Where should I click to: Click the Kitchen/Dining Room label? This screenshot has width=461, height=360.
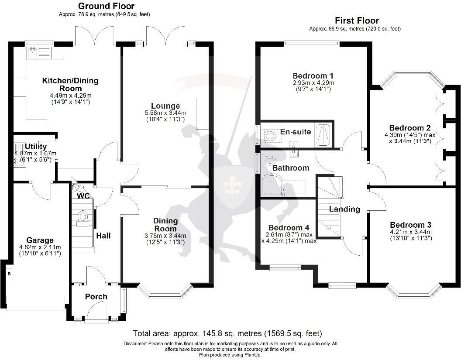(x=70, y=84)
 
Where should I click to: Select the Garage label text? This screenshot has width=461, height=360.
(x=40, y=240)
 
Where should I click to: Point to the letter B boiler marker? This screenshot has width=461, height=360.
(x=9, y=274)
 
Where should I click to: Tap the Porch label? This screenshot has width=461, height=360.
(x=96, y=297)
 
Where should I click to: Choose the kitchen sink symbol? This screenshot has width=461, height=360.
(x=32, y=53)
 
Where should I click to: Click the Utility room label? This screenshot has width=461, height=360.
(x=36, y=147)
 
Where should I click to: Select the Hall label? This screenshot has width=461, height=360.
(x=103, y=236)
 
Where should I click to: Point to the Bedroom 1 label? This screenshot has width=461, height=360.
(x=313, y=74)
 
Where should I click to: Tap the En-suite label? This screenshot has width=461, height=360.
(x=296, y=131)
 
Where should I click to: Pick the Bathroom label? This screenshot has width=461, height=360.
(x=291, y=168)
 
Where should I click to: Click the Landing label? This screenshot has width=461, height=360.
(x=344, y=209)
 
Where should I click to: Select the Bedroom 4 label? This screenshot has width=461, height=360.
(x=289, y=228)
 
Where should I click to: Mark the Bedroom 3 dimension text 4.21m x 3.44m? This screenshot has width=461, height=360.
(x=410, y=232)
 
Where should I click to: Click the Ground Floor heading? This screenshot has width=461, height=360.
(x=106, y=6)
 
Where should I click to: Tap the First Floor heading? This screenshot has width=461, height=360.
(x=357, y=21)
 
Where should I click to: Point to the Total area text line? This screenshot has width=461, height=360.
(x=227, y=333)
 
